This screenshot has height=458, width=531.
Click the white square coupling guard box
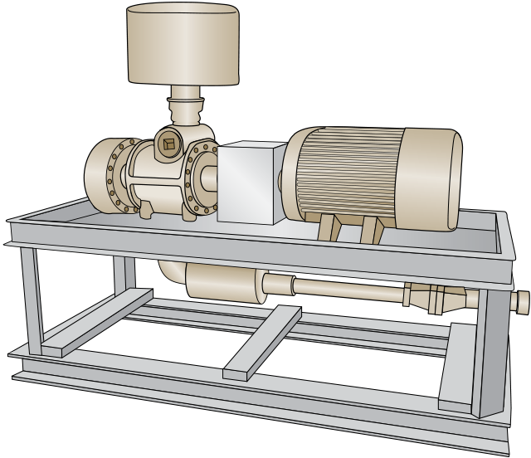click(251, 183)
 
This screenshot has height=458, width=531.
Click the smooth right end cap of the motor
click(440, 178)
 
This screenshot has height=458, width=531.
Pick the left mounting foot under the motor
click(328, 227)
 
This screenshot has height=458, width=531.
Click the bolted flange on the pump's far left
click(105, 175)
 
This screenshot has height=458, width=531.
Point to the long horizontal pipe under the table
click(340, 290)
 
